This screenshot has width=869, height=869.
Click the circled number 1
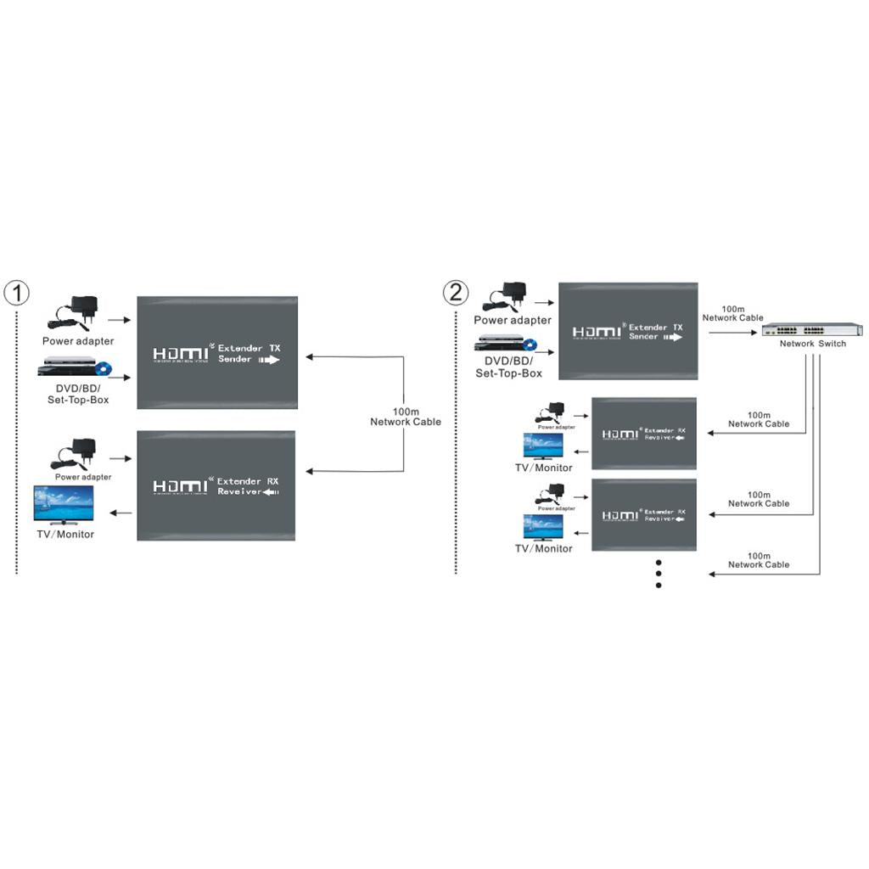(x=16, y=294)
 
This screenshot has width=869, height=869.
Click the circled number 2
(x=456, y=294)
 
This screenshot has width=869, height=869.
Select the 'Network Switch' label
(x=813, y=344)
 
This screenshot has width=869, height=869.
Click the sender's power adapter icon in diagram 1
(x=76, y=313)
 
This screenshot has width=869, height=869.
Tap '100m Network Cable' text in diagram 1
(x=406, y=416)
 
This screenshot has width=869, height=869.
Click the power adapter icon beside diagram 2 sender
(x=508, y=297)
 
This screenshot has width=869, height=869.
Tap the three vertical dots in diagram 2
(x=659, y=573)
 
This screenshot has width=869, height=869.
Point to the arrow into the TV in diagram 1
(x=121, y=512)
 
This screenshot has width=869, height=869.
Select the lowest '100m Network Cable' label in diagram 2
(x=759, y=560)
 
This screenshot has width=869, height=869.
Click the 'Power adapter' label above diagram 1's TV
(x=83, y=477)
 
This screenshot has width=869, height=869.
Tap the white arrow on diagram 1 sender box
(x=268, y=360)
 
